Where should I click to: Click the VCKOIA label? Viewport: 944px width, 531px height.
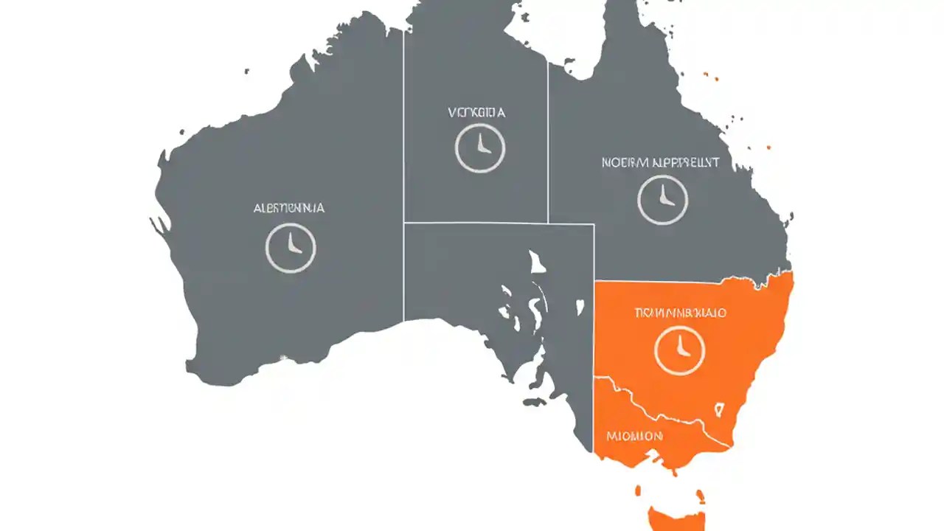coord(477,113)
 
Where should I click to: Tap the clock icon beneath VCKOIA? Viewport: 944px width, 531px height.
coord(480,147)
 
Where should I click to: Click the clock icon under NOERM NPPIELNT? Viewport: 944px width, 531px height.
coord(662,200)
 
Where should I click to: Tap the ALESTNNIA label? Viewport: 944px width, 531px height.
coord(288,208)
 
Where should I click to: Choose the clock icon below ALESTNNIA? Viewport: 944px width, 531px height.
coord(291,248)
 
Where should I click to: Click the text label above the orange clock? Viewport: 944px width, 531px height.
coord(680,313)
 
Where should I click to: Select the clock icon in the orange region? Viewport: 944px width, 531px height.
coord(679,349)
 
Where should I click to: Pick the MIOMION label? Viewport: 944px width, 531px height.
coord(634,436)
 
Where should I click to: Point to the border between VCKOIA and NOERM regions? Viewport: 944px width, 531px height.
coord(548,147)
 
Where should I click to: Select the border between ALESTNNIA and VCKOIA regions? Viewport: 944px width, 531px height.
coord(403,184)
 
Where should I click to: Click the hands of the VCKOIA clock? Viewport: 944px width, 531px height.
coord(482,145)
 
